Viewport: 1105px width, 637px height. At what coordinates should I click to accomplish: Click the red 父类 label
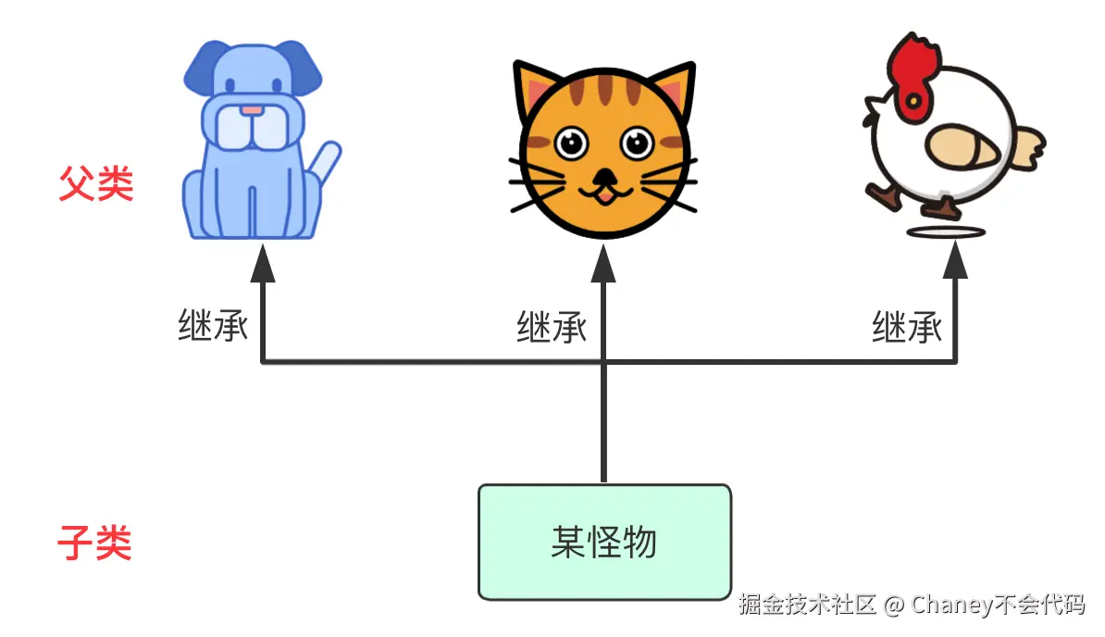96,184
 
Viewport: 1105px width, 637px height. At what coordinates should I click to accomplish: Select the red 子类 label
94,543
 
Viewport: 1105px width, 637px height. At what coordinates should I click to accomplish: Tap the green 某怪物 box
604,542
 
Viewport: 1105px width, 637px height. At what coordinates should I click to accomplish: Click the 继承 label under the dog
213,325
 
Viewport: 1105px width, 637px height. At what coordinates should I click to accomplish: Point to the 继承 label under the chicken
907,327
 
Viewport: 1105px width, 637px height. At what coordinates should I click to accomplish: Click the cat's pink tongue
603,195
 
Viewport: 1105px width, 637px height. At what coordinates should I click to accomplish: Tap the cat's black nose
603,176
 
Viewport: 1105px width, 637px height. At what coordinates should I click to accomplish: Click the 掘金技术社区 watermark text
807,606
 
